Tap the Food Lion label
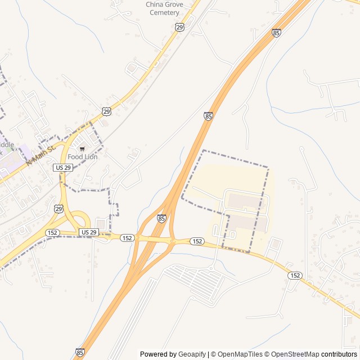tap(83, 157)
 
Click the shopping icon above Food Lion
tap(82, 149)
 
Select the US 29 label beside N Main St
tap(63, 168)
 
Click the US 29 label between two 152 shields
tap(89, 232)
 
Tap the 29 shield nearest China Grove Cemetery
tap(179, 27)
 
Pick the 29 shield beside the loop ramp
tap(59, 209)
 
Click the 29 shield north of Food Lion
tap(107, 111)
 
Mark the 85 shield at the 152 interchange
tap(162, 218)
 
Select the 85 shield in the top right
tap(276, 33)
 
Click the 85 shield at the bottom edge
tap(80, 352)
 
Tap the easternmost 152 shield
tap(295, 275)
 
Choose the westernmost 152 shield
tap(53, 232)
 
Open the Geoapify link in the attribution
tap(192, 354)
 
